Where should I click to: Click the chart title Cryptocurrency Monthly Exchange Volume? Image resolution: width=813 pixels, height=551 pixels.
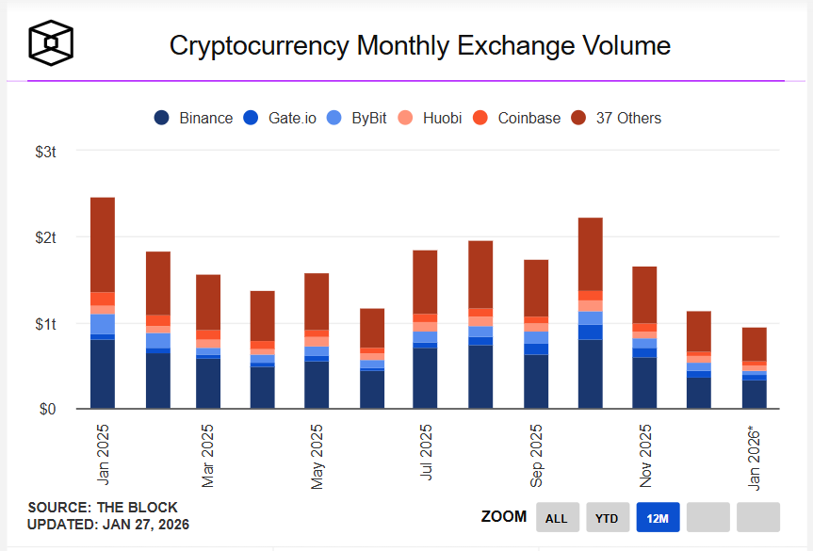(x=419, y=45)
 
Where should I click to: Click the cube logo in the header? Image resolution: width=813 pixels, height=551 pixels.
(x=51, y=42)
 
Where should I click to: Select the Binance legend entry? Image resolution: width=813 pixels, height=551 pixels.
(x=194, y=118)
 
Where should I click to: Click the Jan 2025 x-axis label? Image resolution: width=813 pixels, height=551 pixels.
(x=102, y=451)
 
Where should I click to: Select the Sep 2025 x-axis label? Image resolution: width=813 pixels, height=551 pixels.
(x=536, y=456)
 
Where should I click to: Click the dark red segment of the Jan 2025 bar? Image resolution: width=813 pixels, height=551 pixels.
(x=102, y=245)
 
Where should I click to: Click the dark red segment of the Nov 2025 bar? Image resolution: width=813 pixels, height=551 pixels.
(x=644, y=295)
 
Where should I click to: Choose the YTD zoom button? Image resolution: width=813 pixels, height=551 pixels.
(x=608, y=517)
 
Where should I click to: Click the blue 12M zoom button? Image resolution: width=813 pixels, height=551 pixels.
(x=658, y=517)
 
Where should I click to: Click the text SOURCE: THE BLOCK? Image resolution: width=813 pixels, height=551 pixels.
(x=89, y=508)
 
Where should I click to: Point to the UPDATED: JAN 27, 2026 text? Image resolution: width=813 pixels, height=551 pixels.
(x=108, y=525)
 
